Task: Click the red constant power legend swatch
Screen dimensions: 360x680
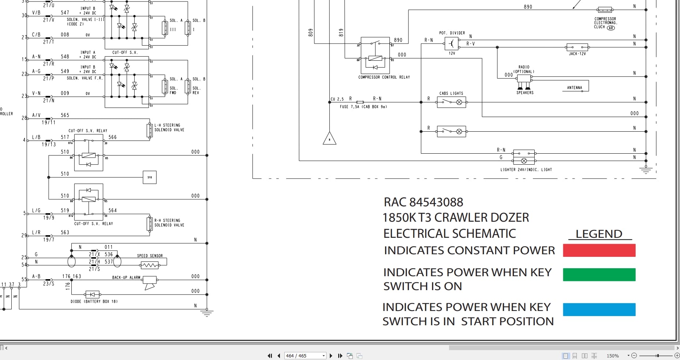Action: [599, 250]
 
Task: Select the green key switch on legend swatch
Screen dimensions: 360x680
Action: [599, 274]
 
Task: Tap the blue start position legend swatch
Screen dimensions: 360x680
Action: [599, 310]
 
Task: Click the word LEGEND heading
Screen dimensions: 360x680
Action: [599, 234]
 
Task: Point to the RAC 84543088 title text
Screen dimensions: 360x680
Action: [423, 202]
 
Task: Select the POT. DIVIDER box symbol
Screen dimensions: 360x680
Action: [452, 44]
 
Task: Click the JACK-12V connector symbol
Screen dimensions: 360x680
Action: [577, 47]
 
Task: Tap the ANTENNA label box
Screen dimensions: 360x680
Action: [575, 87]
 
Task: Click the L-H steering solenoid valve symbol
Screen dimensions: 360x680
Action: [149, 130]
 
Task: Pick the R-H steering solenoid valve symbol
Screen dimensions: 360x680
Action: [149, 224]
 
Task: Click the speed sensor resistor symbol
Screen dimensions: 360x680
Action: [150, 265]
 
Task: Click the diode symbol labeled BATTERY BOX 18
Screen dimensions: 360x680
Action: [92, 294]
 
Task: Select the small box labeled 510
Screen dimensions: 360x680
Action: [150, 177]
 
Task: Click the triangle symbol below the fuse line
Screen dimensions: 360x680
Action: [329, 139]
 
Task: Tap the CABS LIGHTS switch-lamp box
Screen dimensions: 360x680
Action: [451, 102]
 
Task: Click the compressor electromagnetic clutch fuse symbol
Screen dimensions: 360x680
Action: [605, 10]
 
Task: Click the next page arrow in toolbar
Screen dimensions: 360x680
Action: [331, 356]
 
